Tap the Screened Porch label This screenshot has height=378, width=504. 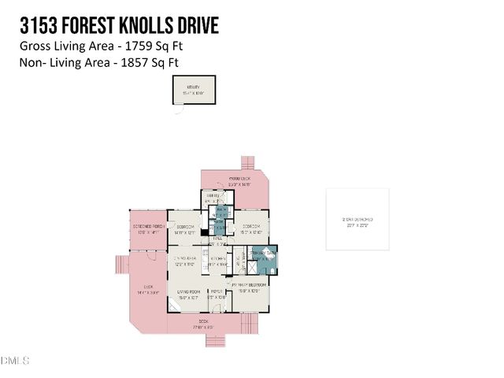coord(146,231)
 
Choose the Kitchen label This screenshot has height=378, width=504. coord(217,261)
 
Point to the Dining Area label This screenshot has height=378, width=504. coord(186,261)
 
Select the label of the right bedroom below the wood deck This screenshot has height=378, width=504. coord(251,229)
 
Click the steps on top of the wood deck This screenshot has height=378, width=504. coord(247,162)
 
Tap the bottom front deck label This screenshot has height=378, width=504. coord(204,323)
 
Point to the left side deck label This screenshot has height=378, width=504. coord(148,289)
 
